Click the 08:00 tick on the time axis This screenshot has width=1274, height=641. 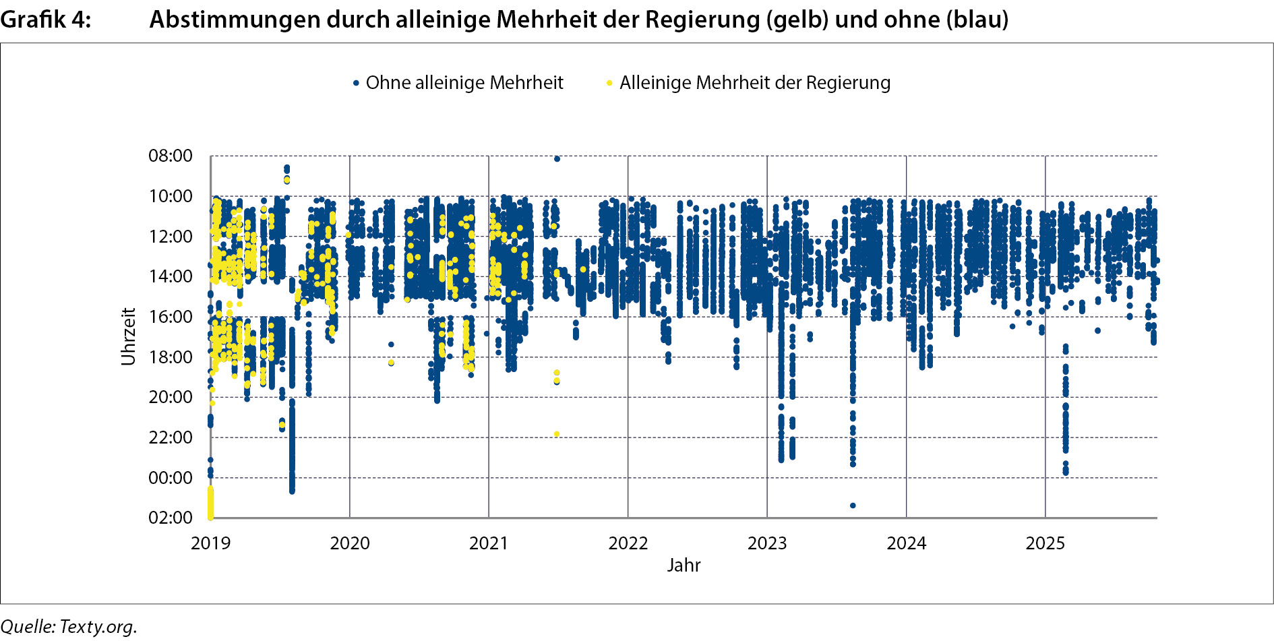pos(171,156)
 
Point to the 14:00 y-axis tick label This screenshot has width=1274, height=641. pos(171,276)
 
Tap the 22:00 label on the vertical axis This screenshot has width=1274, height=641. pos(171,437)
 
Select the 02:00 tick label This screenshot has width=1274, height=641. pos(171,518)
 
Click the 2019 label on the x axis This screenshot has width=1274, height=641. pos(210,543)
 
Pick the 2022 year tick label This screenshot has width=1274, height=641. pos(628,543)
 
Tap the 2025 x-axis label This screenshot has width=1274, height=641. pos(1045,543)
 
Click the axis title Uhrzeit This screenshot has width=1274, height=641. pos(129,336)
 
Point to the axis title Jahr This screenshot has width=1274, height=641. pos(684,566)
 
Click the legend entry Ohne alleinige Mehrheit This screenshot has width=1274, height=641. pos(464,83)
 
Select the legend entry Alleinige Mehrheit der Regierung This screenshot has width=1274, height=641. pos(755,83)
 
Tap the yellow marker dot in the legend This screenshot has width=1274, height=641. pos(609,84)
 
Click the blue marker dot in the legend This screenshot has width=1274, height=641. pos(356,84)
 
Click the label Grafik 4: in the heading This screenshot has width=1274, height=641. pos(46,20)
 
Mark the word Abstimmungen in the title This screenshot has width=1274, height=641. pos(235,20)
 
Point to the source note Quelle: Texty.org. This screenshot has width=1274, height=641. pos(69,627)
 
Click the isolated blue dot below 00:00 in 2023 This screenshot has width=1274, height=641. pos(853,506)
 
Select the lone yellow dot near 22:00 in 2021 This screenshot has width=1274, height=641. pos(557,434)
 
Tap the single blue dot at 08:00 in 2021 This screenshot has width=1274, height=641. pos(557,159)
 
